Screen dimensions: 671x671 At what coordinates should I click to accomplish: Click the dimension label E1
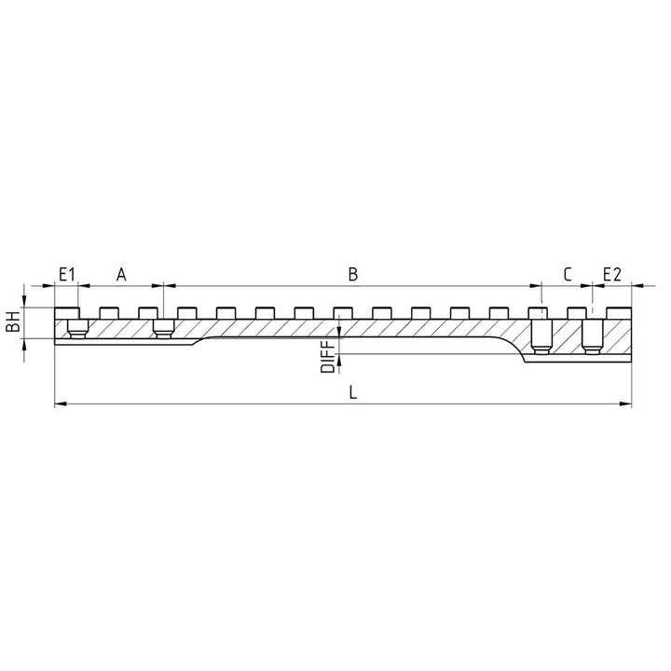tap(67, 274)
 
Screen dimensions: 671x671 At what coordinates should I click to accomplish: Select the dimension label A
tap(121, 274)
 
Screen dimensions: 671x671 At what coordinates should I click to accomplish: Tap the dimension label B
tap(352, 274)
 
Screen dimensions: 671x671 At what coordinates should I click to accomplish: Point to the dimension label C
tap(568, 274)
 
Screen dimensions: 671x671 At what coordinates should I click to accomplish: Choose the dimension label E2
tap(612, 274)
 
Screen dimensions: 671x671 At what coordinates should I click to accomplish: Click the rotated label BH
tap(13, 322)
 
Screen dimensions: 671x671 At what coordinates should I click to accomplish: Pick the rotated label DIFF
tap(328, 357)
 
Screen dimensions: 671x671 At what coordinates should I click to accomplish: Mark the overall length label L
tap(352, 392)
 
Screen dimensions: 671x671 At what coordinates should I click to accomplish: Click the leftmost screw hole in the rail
tap(78, 329)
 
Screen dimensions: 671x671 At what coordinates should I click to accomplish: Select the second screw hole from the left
tap(163, 329)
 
